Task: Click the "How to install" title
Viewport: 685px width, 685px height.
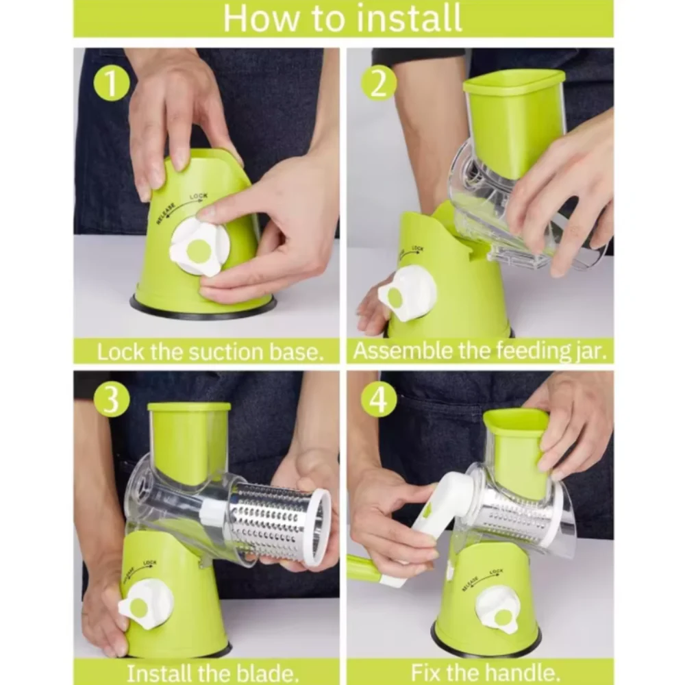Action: pos(342,18)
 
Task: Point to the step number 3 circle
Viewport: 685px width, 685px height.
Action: pos(112,399)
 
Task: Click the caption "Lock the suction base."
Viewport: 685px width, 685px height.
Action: pos(209,352)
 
